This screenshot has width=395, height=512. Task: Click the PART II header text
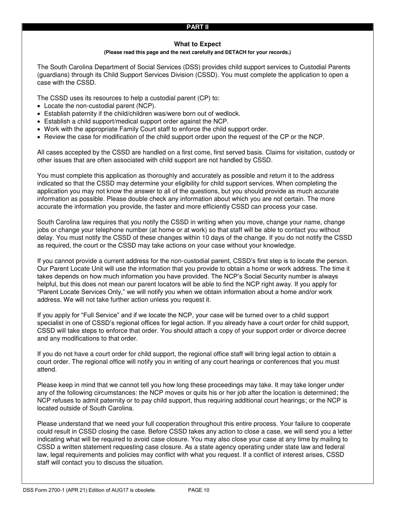[197, 27]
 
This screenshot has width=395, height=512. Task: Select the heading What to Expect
[197, 44]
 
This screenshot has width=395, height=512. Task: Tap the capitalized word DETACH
[237, 52]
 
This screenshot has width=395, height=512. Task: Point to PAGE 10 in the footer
[198, 490]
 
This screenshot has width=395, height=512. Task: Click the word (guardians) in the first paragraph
[52, 75]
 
